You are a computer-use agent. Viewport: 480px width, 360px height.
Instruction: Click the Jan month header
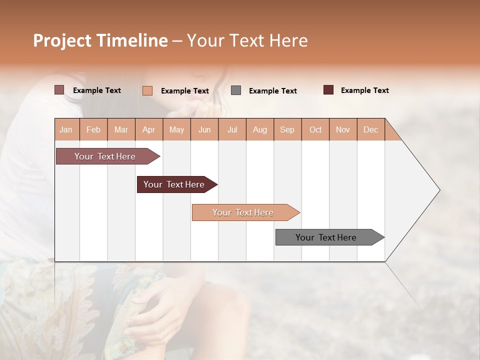(x=66, y=129)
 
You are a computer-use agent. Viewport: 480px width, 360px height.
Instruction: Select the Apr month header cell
(x=148, y=129)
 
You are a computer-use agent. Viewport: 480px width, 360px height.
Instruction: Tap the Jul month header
(x=232, y=129)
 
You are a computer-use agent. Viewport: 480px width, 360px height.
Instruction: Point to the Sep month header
(x=287, y=129)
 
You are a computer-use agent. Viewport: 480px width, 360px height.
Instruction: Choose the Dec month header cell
(x=370, y=129)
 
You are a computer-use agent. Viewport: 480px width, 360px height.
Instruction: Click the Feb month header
(x=93, y=129)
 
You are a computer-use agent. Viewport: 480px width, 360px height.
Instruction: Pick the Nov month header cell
(x=342, y=129)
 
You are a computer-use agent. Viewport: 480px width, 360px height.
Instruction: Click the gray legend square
(x=236, y=90)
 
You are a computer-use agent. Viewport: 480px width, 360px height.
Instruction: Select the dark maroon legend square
(x=328, y=90)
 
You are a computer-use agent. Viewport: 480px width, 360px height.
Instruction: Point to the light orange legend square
(x=147, y=90)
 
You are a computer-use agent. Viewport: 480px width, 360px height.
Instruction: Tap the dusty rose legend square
(x=59, y=90)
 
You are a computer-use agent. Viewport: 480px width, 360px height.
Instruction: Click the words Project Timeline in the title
(x=100, y=40)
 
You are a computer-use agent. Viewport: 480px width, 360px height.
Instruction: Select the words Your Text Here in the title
(x=247, y=40)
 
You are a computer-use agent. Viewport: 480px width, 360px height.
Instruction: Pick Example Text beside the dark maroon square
(x=364, y=90)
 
